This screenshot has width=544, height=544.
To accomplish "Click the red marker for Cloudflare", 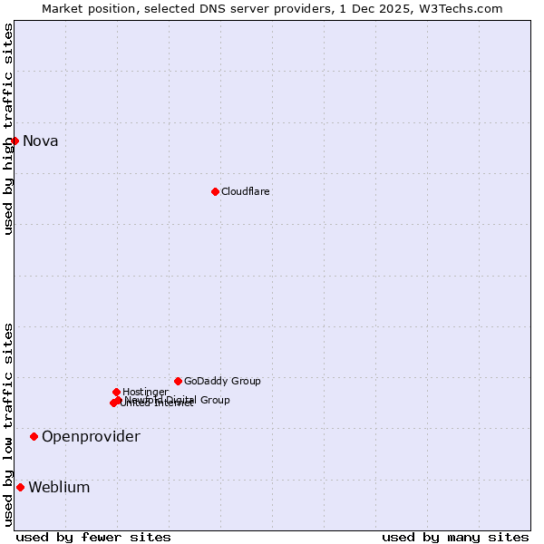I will pyautogui.click(x=215, y=191).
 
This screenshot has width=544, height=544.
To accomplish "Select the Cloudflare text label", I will pyautogui.click(x=246, y=192).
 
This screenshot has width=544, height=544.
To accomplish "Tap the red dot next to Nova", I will pyautogui.click(x=15, y=141).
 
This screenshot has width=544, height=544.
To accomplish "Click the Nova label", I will pyautogui.click(x=40, y=141).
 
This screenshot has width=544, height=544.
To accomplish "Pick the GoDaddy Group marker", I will pyautogui.click(x=178, y=381).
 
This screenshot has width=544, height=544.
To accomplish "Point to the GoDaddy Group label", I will pyautogui.click(x=222, y=382).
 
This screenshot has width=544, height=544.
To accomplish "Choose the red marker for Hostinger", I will pyautogui.click(x=116, y=392).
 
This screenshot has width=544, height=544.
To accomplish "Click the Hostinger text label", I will pyautogui.click(x=145, y=392).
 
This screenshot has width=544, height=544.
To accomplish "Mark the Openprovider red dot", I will pyautogui.click(x=34, y=436).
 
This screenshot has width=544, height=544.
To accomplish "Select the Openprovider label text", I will pyautogui.click(x=91, y=437).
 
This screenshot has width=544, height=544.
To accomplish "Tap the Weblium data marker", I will pyautogui.click(x=20, y=487).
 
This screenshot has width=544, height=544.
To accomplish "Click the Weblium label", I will pyautogui.click(x=59, y=488).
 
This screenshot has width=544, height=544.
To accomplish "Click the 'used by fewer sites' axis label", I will pyautogui.click(x=93, y=537).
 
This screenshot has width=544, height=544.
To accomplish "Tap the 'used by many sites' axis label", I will pyautogui.click(x=455, y=537).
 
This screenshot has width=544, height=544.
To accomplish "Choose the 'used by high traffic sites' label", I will pyautogui.click(x=8, y=129).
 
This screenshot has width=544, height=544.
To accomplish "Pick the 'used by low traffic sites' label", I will pyautogui.click(x=8, y=423).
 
